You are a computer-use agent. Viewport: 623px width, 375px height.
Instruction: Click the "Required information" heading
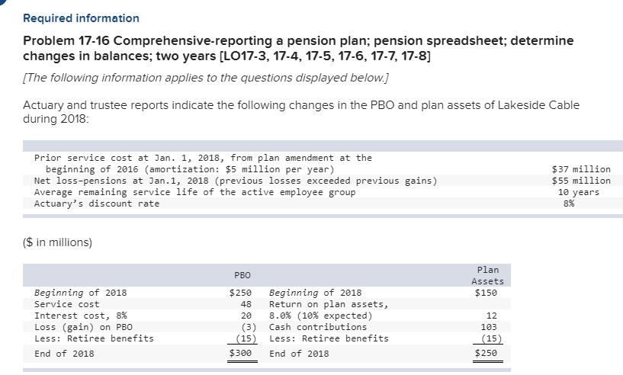coord(81,18)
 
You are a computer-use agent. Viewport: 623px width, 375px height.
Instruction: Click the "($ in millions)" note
coord(57,242)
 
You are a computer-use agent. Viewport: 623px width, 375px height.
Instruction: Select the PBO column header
coord(242,275)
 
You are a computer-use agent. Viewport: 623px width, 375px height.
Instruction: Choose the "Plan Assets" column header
coord(487,275)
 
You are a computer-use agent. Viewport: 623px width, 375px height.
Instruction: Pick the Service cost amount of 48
coord(246,304)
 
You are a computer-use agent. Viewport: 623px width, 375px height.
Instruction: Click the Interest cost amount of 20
coord(246,316)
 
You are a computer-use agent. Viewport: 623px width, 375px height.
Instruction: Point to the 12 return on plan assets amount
coord(491,316)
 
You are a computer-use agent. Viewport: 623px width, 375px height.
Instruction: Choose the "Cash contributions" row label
coord(318,327)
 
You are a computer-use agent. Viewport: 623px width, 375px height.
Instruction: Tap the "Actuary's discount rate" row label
coord(97,204)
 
